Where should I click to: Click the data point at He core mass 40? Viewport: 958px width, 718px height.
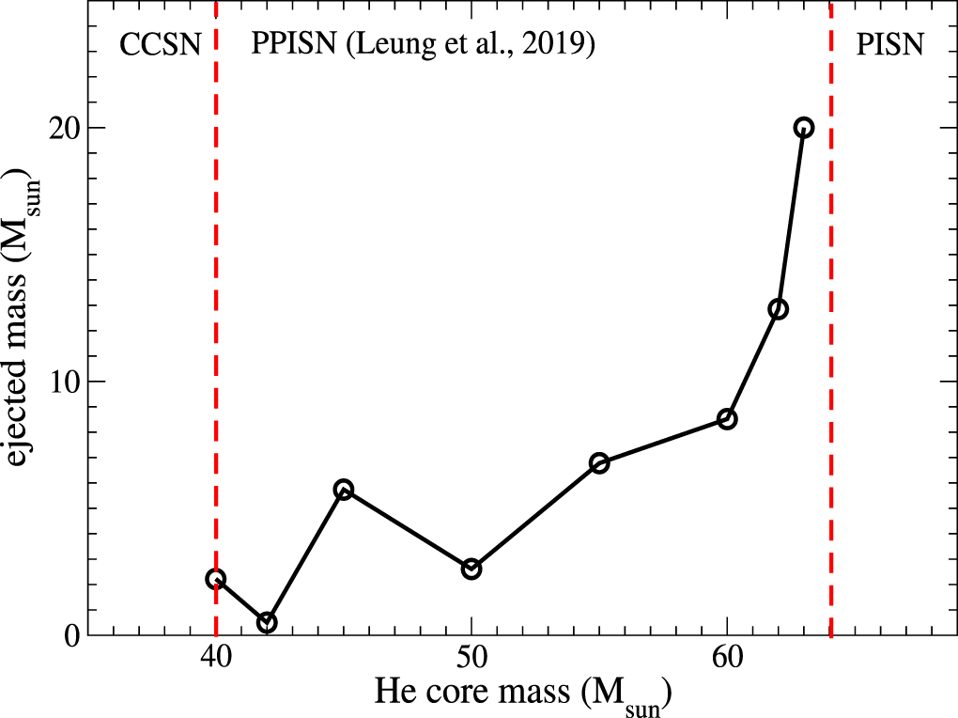tap(216, 579)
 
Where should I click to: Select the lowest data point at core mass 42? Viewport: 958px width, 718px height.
tap(267, 622)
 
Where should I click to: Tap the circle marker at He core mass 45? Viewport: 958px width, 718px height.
tap(344, 489)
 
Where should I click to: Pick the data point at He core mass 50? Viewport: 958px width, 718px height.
tap(471, 569)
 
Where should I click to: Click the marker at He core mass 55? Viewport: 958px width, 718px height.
tap(599, 462)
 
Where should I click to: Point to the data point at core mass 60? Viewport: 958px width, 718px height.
tap(727, 419)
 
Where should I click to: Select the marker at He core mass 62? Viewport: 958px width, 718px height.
tap(778, 309)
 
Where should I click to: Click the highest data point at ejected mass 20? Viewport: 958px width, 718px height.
tap(803, 128)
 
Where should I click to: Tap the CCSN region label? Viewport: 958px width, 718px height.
tap(161, 45)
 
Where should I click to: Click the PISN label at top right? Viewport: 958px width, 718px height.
tap(890, 45)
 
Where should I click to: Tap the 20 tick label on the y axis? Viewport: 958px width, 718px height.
tap(63, 128)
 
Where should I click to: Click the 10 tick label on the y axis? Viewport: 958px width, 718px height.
tap(63, 382)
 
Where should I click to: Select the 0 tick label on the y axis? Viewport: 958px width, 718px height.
tap(71, 635)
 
